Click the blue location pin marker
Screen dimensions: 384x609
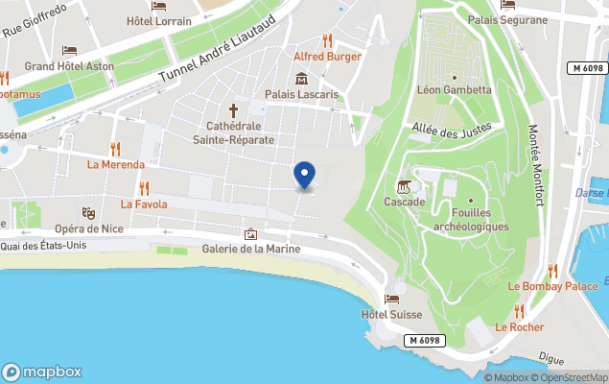tap(304, 175)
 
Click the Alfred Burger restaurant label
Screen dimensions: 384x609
tap(327, 57)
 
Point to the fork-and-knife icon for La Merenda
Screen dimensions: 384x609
tap(116, 148)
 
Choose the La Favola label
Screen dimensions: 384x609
tap(144, 204)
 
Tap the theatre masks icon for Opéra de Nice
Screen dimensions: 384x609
tap(88, 212)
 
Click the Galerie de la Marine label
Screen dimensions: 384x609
tap(251, 250)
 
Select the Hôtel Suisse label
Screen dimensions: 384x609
tap(392, 315)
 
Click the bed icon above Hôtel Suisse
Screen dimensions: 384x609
tap(392, 299)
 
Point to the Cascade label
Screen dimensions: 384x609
tap(405, 203)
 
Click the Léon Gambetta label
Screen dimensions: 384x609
tap(454, 91)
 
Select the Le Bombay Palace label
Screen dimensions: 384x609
tap(552, 286)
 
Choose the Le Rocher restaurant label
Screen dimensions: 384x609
tap(519, 327)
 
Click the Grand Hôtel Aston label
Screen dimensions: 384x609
tap(69, 66)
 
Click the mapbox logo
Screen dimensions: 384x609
tap(42, 372)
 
